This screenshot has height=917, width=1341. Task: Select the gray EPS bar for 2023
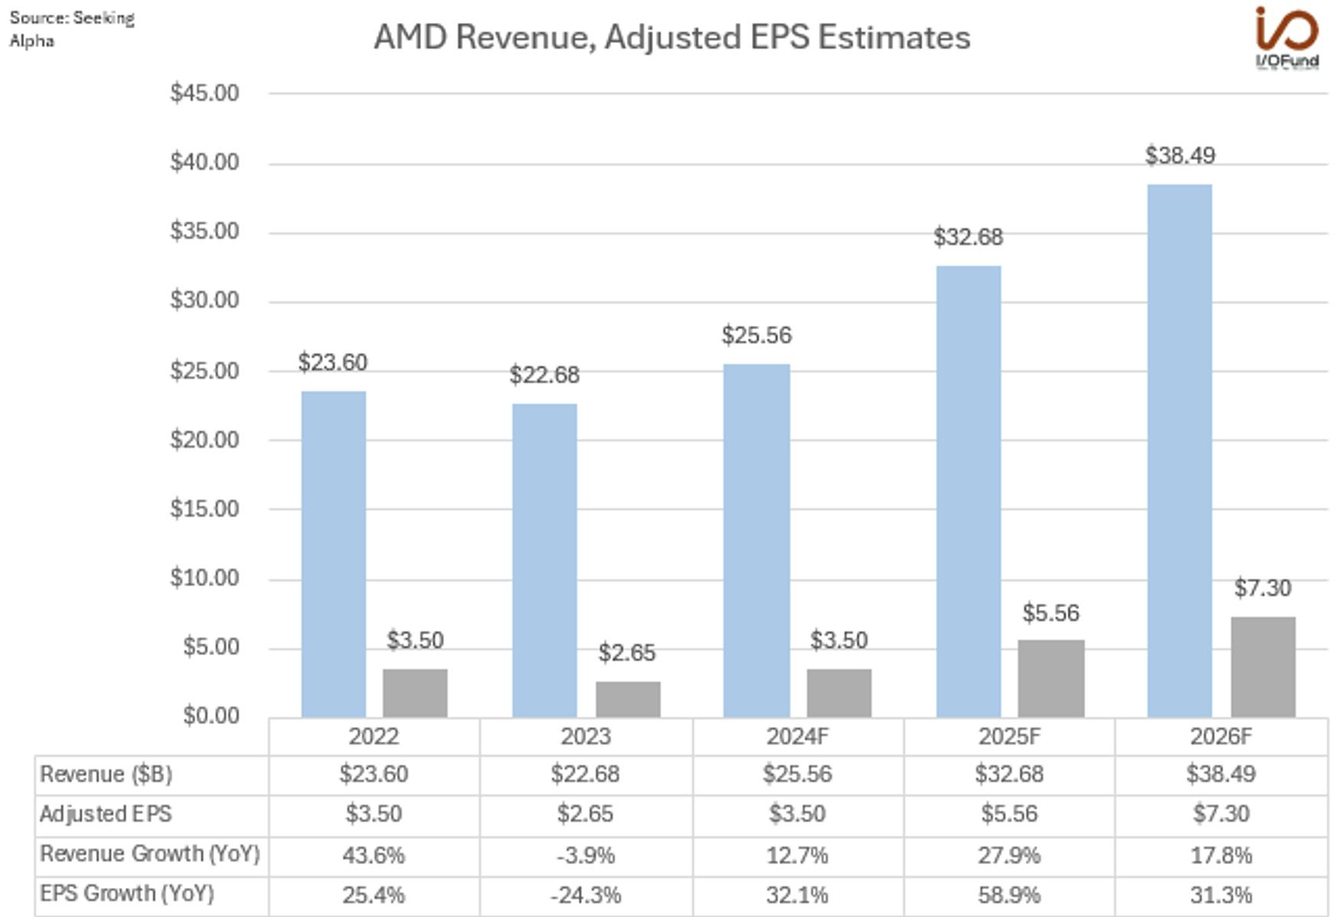628,699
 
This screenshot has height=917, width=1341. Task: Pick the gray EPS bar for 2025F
1050,678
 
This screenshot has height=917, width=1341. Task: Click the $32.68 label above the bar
967,237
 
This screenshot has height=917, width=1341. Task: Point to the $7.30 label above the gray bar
1262,588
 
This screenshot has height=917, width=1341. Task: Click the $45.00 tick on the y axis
204,93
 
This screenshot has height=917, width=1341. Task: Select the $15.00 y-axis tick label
204,509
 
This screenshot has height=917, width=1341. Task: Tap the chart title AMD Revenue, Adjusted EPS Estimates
671,37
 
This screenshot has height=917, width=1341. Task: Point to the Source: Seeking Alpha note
71,29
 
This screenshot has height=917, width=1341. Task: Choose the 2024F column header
797,736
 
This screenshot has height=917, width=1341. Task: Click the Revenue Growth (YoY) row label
150,853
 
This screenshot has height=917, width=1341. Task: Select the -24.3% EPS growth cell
586,895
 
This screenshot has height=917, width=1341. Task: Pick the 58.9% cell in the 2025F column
1009,895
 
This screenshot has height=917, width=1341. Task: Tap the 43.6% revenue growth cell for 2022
374,855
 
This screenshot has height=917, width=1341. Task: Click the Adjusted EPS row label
106,814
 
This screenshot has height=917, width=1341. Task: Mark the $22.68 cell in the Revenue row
586,774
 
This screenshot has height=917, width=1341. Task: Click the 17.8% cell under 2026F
1221,855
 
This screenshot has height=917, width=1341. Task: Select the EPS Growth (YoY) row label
127,893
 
